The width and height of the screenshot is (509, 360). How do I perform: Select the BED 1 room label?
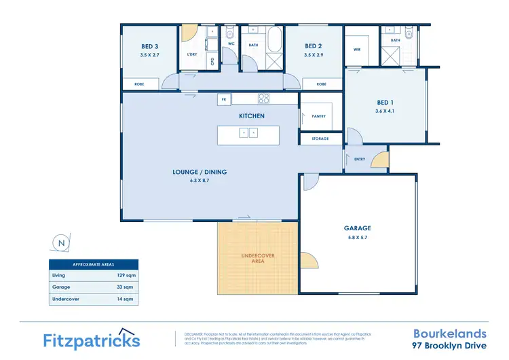point(384,103)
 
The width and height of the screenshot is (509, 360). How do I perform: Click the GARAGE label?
point(357,228)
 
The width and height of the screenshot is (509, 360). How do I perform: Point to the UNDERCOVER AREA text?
point(258,258)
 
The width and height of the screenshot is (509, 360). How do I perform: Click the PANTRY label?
point(318,116)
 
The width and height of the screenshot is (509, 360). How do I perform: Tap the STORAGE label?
point(320,139)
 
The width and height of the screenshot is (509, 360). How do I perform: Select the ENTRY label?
point(360,159)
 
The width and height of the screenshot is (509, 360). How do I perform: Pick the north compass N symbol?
point(62,242)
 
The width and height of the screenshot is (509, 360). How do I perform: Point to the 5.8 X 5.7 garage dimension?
point(357,237)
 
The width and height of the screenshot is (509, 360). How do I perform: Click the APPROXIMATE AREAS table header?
point(94,264)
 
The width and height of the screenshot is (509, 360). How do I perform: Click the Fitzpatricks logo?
point(92,339)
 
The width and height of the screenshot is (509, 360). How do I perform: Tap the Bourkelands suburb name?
point(450,334)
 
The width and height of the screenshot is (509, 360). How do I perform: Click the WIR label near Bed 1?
point(356,50)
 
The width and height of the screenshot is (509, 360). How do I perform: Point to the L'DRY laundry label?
point(191,54)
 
